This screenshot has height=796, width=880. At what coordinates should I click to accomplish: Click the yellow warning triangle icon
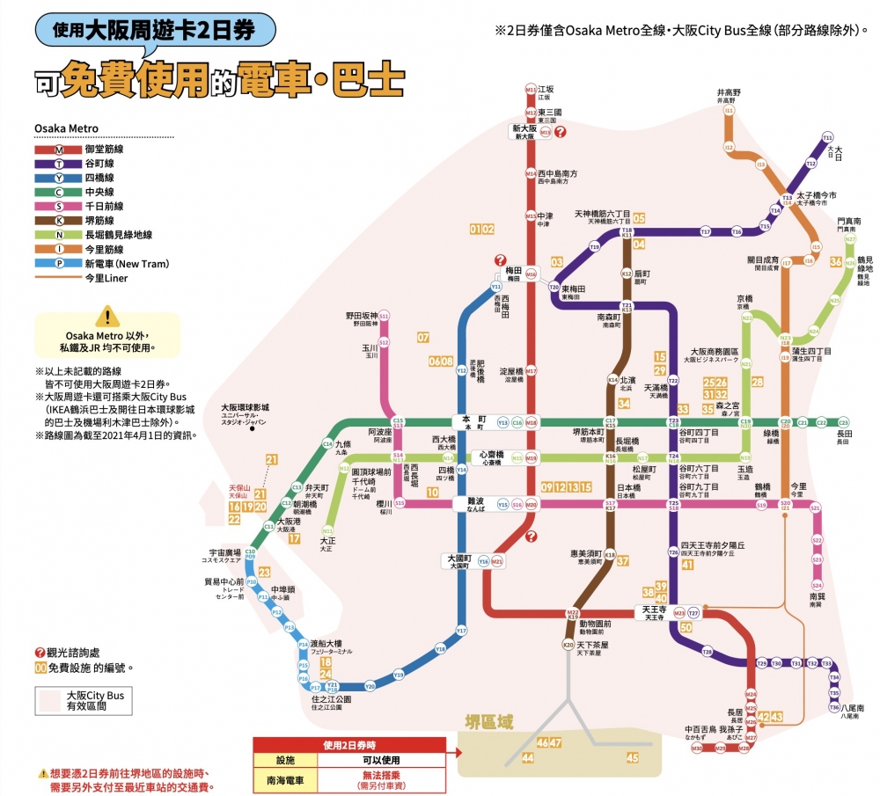coord(106,317)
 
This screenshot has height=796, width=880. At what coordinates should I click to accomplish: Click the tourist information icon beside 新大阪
coord(561,132)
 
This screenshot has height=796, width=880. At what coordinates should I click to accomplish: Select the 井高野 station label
coord(729,95)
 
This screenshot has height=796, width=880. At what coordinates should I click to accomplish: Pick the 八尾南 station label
coord(850,707)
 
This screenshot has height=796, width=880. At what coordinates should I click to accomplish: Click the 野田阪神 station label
coord(361,317)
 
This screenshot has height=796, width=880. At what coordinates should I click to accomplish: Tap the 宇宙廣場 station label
coord(224,554)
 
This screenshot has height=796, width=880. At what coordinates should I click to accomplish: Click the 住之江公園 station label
coord(332,701)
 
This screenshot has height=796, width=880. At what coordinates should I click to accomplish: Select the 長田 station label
coord(844,435)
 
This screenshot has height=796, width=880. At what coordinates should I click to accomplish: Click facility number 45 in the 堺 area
coord(632,756)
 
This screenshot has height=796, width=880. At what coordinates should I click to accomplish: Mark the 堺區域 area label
coord(488,721)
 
